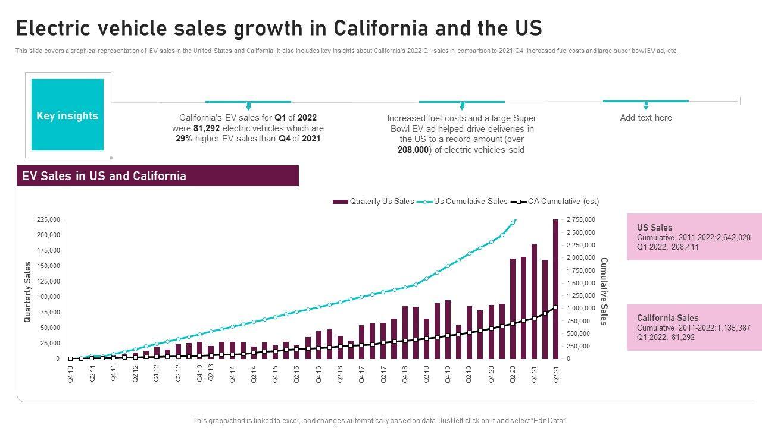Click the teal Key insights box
point(67,115)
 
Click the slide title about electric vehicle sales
point(279,29)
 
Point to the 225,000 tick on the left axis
point(49,219)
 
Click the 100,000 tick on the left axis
point(49,297)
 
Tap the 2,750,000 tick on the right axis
point(580,220)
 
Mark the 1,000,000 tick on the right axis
point(580,309)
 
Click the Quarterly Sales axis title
point(27,292)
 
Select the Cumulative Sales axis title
point(604,291)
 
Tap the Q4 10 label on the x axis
point(71,373)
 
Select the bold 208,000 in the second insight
point(413,150)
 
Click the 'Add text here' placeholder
point(646,118)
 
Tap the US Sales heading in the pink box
point(655,228)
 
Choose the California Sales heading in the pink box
point(668,318)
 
